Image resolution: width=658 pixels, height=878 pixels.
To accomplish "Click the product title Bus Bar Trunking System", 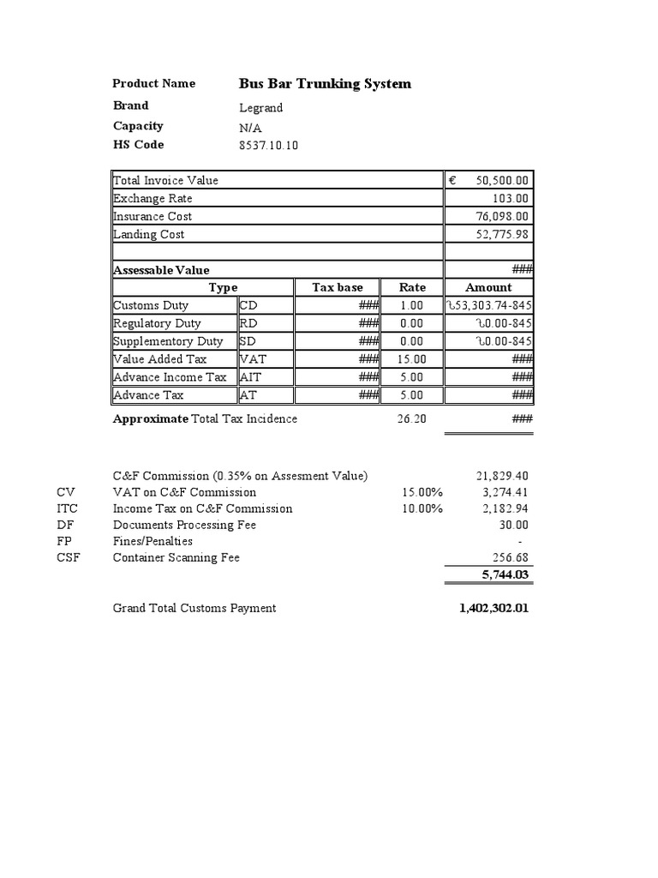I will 325,84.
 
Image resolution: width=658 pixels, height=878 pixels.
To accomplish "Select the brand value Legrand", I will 260,108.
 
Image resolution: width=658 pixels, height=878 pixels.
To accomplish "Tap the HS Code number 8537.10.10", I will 268,145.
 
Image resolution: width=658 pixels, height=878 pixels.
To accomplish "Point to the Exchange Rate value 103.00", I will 513,198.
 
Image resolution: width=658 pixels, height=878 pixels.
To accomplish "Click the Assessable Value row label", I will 161,270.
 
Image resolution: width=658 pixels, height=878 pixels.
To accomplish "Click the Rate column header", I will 412,287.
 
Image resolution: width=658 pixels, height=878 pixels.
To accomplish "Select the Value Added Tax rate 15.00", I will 412,359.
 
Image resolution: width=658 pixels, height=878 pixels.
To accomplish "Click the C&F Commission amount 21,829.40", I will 502,476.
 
